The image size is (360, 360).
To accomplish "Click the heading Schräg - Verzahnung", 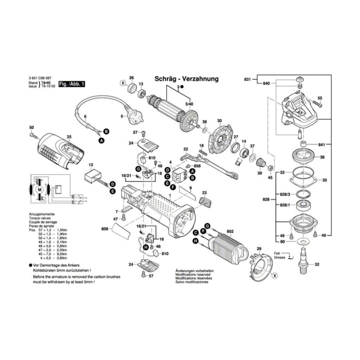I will click(x=186, y=79).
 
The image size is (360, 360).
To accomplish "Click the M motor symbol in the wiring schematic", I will click(x=40, y=190).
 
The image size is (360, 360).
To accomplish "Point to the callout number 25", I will click(x=69, y=137).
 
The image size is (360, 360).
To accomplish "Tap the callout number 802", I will click(x=230, y=231).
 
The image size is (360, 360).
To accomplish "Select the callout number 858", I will click(x=197, y=166).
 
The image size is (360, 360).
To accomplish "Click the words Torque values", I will click(x=40, y=218).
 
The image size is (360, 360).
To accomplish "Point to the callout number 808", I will click(x=105, y=229).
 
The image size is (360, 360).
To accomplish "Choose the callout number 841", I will click(x=322, y=144).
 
